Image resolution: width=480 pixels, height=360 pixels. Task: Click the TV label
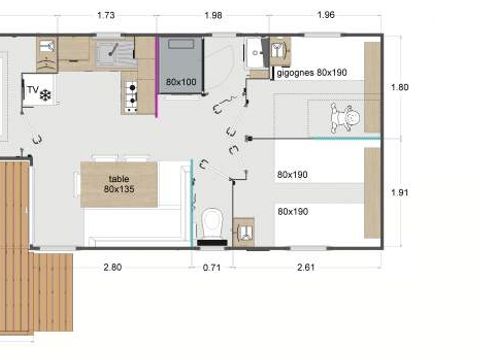tap(32, 90)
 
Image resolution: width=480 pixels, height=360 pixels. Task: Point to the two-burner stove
tap(129, 94)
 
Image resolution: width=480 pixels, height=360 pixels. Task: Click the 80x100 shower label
tap(181, 81)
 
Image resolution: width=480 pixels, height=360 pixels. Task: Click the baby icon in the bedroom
tap(351, 118)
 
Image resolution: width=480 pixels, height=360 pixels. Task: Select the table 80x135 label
tap(119, 183)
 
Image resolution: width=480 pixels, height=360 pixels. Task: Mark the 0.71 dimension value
tap(210, 268)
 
